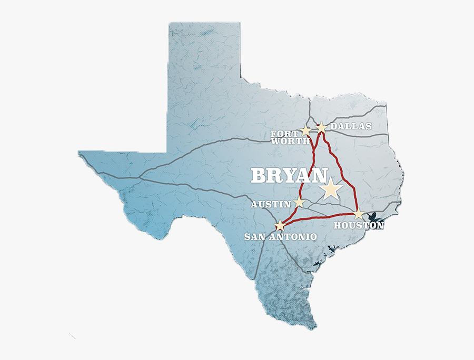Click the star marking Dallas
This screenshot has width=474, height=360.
[x=321, y=127]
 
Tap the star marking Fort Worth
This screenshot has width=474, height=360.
[x=306, y=130]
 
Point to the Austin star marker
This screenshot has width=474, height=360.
[x=299, y=202]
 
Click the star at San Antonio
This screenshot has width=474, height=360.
[x=280, y=226]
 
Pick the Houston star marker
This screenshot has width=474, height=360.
[x=359, y=214]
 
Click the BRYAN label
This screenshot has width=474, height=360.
[x=289, y=176]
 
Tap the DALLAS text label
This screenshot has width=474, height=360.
[x=351, y=126]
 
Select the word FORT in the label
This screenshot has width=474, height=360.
[x=284, y=134]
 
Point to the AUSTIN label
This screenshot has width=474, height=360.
[x=271, y=204]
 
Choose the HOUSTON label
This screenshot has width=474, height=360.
[x=359, y=225]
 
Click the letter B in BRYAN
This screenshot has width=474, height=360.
[x=258, y=176]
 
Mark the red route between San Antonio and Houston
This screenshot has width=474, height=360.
[x=319, y=217]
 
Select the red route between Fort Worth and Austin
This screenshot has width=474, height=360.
[x=309, y=168]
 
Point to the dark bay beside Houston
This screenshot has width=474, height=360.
[x=375, y=216]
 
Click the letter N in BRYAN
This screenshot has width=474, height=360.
[x=319, y=176]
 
